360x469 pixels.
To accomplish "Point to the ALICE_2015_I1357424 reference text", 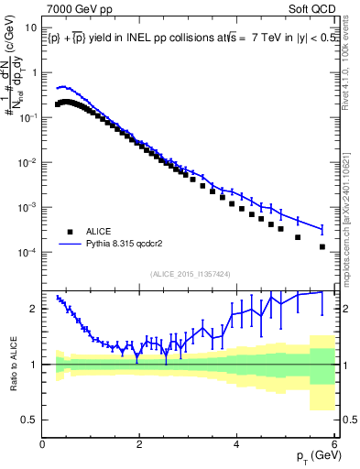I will point(190,273).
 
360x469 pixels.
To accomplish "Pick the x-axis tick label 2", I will point(140,443).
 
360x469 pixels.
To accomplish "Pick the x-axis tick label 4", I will point(237,443).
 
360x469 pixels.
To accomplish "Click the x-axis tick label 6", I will point(334,443).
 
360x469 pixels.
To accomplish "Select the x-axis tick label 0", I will point(43,443).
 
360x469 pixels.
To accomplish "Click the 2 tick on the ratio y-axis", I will point(35,309).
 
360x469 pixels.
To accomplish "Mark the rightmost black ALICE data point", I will point(322,246).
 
